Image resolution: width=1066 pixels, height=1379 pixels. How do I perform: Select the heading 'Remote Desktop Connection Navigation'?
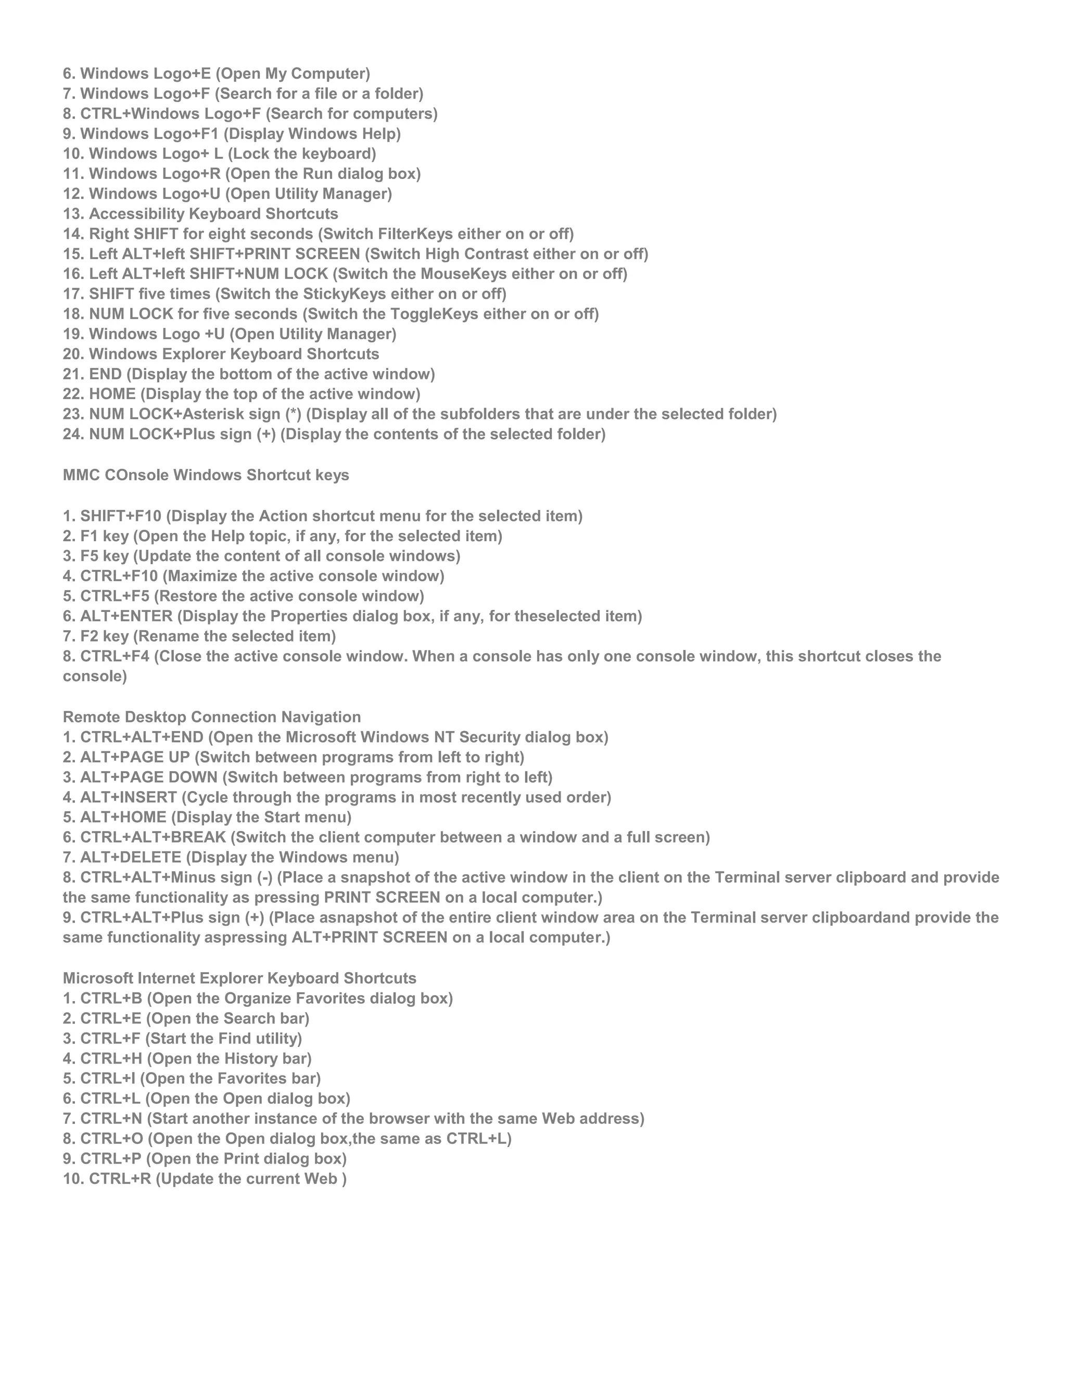pos(211,717)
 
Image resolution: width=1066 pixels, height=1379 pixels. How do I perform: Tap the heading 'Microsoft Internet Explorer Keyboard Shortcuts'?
pos(239,978)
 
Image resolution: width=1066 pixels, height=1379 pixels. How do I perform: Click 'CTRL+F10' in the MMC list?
pos(119,576)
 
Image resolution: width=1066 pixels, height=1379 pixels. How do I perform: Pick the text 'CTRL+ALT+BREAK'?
pos(153,837)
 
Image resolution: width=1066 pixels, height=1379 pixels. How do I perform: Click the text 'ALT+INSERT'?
pos(128,797)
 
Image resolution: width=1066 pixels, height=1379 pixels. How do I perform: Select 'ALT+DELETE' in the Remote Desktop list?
pos(131,858)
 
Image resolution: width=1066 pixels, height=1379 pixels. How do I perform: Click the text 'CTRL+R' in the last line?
pos(120,1179)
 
